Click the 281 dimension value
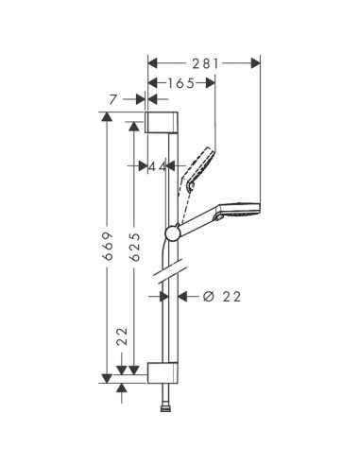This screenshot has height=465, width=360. tap(205, 63)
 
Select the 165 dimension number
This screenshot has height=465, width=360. tap(180, 83)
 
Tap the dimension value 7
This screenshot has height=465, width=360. tap(113, 100)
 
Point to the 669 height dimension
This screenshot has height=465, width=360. tap(109, 246)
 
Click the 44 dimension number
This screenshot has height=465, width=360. tap(157, 166)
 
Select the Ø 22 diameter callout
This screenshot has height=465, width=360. tap(222, 297)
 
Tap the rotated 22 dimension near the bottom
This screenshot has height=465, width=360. tap(123, 336)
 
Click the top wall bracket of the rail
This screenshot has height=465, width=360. tap(162, 122)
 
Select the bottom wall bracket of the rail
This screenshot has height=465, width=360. tap(163, 373)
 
